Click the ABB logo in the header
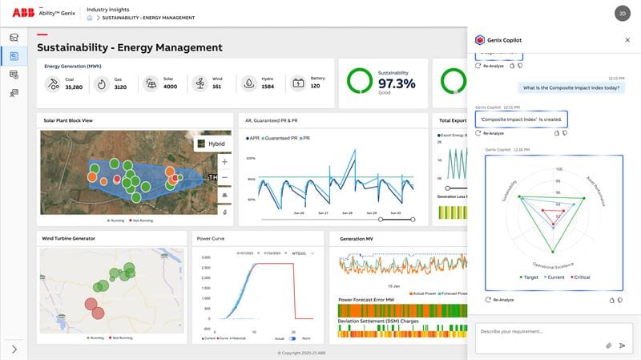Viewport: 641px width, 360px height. point(22,13)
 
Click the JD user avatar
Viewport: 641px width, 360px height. point(622,13)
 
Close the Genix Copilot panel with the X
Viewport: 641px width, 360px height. point(627,39)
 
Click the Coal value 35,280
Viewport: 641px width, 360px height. point(74,86)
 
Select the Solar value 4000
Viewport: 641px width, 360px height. point(170,86)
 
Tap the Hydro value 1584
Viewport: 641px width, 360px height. point(268,86)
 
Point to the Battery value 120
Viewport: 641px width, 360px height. point(315,86)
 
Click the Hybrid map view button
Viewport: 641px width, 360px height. point(212,144)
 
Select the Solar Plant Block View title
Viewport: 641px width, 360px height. point(69,120)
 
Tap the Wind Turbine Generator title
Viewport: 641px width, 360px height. point(74,238)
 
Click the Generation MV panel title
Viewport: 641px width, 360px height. point(357,238)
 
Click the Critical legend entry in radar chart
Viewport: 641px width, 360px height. point(579,277)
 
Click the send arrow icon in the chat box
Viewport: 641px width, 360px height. point(622,346)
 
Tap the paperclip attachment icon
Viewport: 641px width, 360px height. point(608,346)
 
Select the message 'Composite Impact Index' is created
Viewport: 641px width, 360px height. point(521,119)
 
